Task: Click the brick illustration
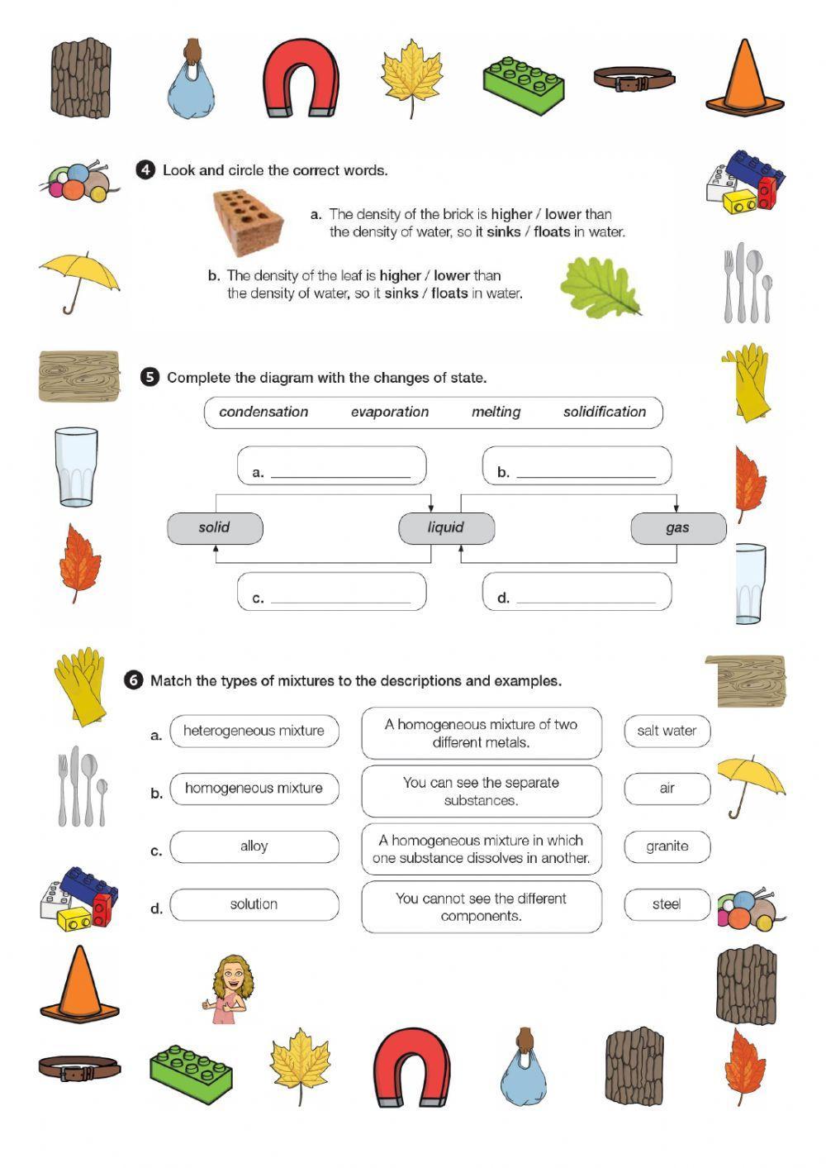249,221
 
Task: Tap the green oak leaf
601,287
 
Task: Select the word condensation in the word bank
263,412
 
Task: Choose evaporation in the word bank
390,412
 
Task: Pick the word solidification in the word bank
605,412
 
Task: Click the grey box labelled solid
215,527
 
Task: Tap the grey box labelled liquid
446,527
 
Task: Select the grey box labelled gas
678,527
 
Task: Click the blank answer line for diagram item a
340,473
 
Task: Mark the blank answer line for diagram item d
586,598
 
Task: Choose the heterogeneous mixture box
254,731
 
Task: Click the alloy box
254,846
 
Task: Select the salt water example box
667,731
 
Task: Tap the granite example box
667,846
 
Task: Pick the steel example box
667,904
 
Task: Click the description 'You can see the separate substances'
481,791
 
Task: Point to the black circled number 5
150,378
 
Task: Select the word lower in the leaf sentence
452,276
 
